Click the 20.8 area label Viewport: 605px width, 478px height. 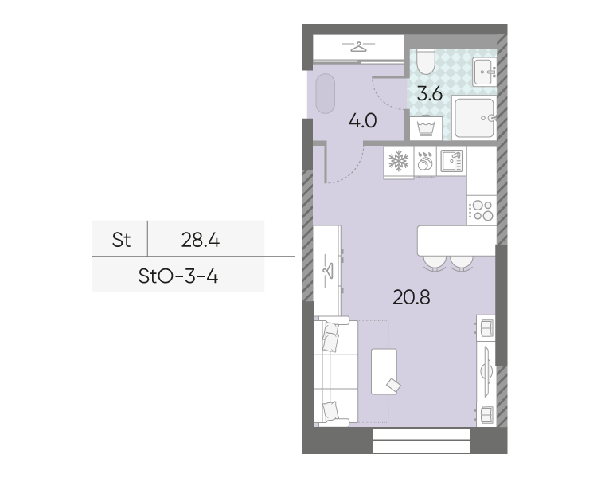[x=412, y=297]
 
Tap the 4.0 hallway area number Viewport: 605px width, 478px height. [x=363, y=121]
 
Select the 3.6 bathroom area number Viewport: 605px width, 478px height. [x=429, y=94]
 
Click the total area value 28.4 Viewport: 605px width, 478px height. [x=201, y=240]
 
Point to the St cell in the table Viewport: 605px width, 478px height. [x=121, y=240]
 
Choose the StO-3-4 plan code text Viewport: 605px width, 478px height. [x=178, y=276]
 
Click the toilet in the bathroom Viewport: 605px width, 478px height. [x=426, y=62]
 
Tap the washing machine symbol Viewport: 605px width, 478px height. [x=426, y=127]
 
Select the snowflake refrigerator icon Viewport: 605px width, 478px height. [x=399, y=161]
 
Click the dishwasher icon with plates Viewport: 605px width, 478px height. [x=425, y=161]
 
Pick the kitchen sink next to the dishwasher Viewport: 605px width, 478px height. [x=451, y=161]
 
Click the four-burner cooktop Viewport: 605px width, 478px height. [x=482, y=210]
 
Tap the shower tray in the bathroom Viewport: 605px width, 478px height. [x=474, y=118]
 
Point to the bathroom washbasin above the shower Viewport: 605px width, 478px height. [x=485, y=72]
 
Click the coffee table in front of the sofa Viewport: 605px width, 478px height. [x=384, y=371]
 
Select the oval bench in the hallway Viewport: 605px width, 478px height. [x=325, y=93]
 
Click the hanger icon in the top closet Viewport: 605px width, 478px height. [x=358, y=47]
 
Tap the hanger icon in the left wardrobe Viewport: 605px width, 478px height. [x=328, y=270]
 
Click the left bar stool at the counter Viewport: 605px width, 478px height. [x=434, y=263]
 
